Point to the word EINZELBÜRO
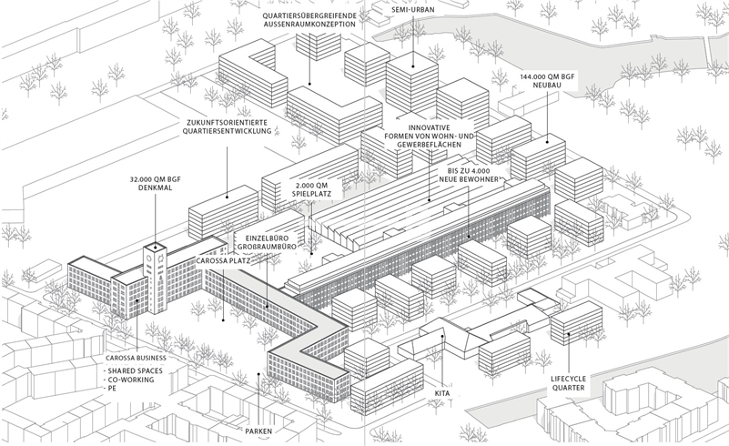click(265, 236)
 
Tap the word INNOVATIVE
click(430, 127)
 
